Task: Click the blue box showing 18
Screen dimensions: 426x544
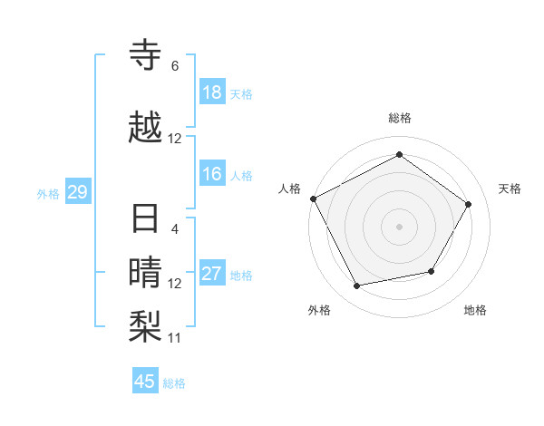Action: [x=212, y=92]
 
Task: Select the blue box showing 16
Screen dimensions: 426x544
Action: [x=212, y=175]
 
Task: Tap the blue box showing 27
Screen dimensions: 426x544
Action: [x=212, y=275]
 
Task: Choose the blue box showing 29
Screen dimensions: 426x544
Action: [x=77, y=192]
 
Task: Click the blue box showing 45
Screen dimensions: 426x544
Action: [x=145, y=382]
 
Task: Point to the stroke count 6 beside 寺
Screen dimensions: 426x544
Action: [x=175, y=66]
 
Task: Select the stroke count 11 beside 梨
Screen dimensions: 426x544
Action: [x=175, y=338]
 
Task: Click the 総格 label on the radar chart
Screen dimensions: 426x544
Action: [x=399, y=118]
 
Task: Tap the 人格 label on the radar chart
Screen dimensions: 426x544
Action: [x=290, y=189]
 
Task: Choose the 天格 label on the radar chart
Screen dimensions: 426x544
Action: [x=510, y=189]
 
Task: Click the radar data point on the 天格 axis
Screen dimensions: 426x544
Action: [x=468, y=204]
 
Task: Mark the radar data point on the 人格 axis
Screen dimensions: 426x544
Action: [x=314, y=198]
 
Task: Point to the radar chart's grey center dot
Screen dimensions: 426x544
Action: [x=399, y=227]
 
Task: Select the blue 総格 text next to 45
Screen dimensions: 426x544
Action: [x=174, y=383]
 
